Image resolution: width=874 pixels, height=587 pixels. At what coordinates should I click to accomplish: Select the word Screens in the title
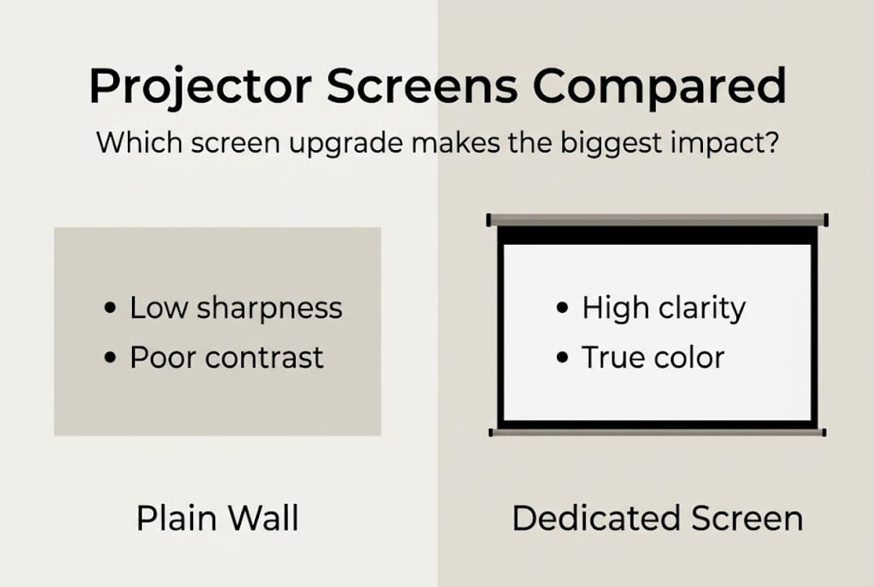click(x=421, y=85)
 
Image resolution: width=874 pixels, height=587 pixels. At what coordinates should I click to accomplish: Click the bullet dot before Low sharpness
click(x=111, y=309)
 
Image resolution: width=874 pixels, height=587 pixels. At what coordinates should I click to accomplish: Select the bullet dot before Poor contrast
click(x=111, y=359)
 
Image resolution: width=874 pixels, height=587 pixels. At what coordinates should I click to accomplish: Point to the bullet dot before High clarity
click(x=562, y=309)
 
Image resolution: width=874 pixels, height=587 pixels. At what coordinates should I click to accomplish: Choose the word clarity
click(x=698, y=309)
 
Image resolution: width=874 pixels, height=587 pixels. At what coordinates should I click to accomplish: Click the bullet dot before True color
click(x=562, y=359)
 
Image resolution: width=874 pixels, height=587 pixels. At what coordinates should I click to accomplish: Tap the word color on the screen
click(x=689, y=358)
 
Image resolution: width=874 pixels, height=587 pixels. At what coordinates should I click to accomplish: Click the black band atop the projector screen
click(x=657, y=235)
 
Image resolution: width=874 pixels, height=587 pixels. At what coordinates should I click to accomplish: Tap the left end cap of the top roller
click(x=489, y=219)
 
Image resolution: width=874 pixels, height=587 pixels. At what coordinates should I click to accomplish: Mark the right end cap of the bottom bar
click(x=823, y=432)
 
